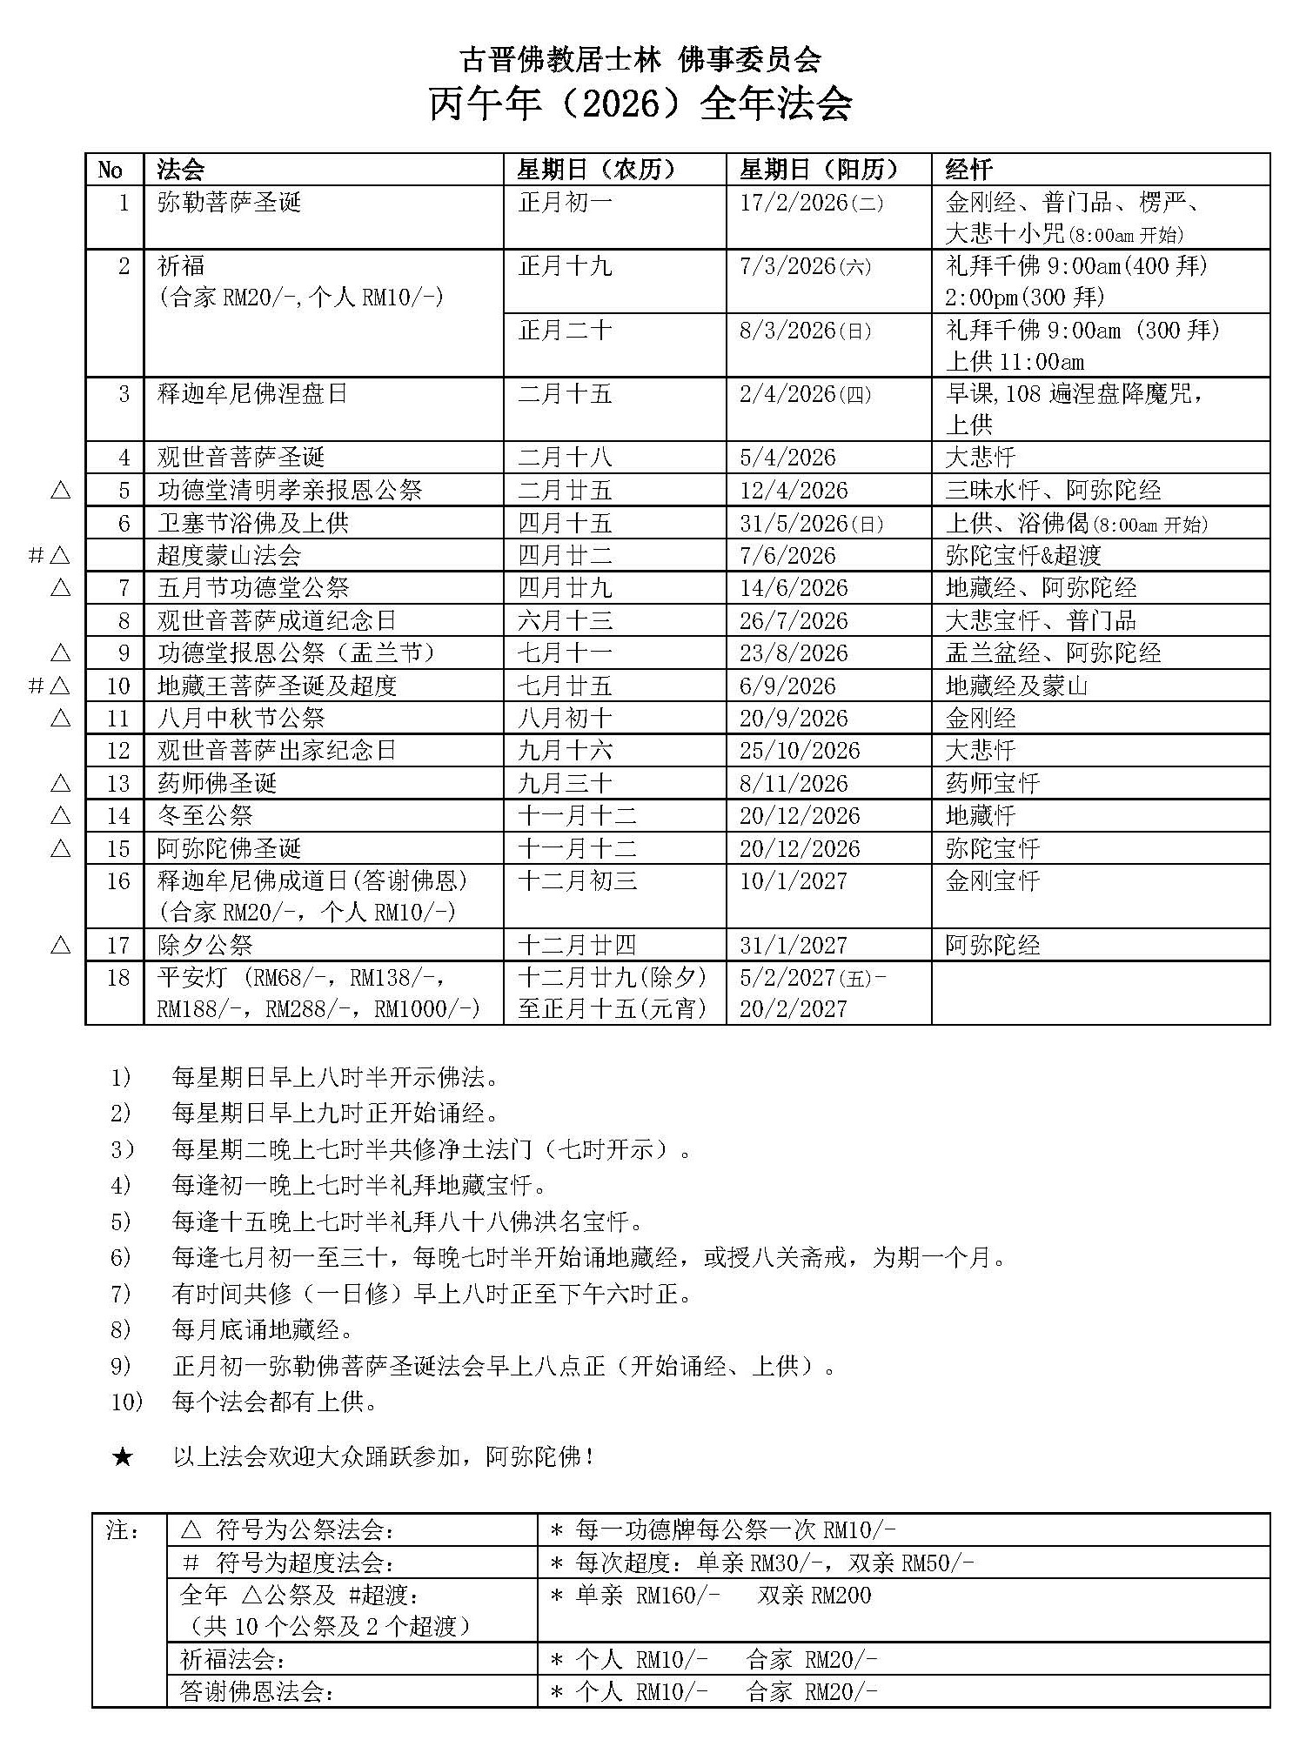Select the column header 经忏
click(968, 170)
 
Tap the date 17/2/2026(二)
click(811, 204)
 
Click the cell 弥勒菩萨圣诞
click(229, 204)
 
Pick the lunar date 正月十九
click(566, 266)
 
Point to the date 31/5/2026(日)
click(811, 524)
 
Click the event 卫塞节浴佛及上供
click(253, 524)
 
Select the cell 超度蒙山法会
click(229, 556)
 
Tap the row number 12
click(117, 751)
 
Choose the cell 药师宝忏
click(993, 784)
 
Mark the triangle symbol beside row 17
click(60, 945)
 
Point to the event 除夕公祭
click(205, 946)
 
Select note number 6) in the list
click(120, 1258)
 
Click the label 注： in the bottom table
click(123, 1529)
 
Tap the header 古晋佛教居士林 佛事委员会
click(640, 58)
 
